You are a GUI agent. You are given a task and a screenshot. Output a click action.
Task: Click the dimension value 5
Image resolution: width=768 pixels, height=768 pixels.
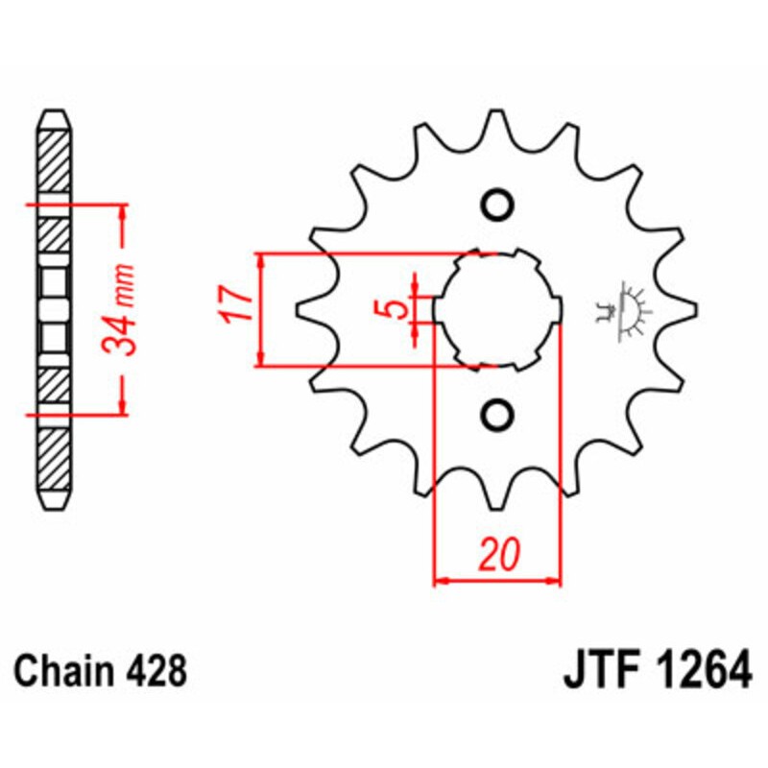[x=392, y=309]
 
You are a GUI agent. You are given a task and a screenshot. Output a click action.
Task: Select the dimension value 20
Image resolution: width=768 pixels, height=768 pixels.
[x=497, y=554]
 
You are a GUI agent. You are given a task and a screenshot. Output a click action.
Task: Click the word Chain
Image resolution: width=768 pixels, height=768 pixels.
[x=60, y=669]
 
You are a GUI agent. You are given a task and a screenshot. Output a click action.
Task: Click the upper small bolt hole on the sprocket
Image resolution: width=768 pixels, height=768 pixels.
[x=496, y=204]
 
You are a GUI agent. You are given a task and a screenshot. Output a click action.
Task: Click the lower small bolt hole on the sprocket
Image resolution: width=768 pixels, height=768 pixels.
[x=496, y=414]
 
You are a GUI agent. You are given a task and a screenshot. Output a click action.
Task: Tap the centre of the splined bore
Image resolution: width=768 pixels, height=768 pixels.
[x=496, y=309]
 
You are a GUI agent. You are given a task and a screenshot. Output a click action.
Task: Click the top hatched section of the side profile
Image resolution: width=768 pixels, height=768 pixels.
[x=54, y=158]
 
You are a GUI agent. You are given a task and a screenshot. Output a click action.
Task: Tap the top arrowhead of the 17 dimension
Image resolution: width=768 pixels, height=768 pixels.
[x=260, y=261]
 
